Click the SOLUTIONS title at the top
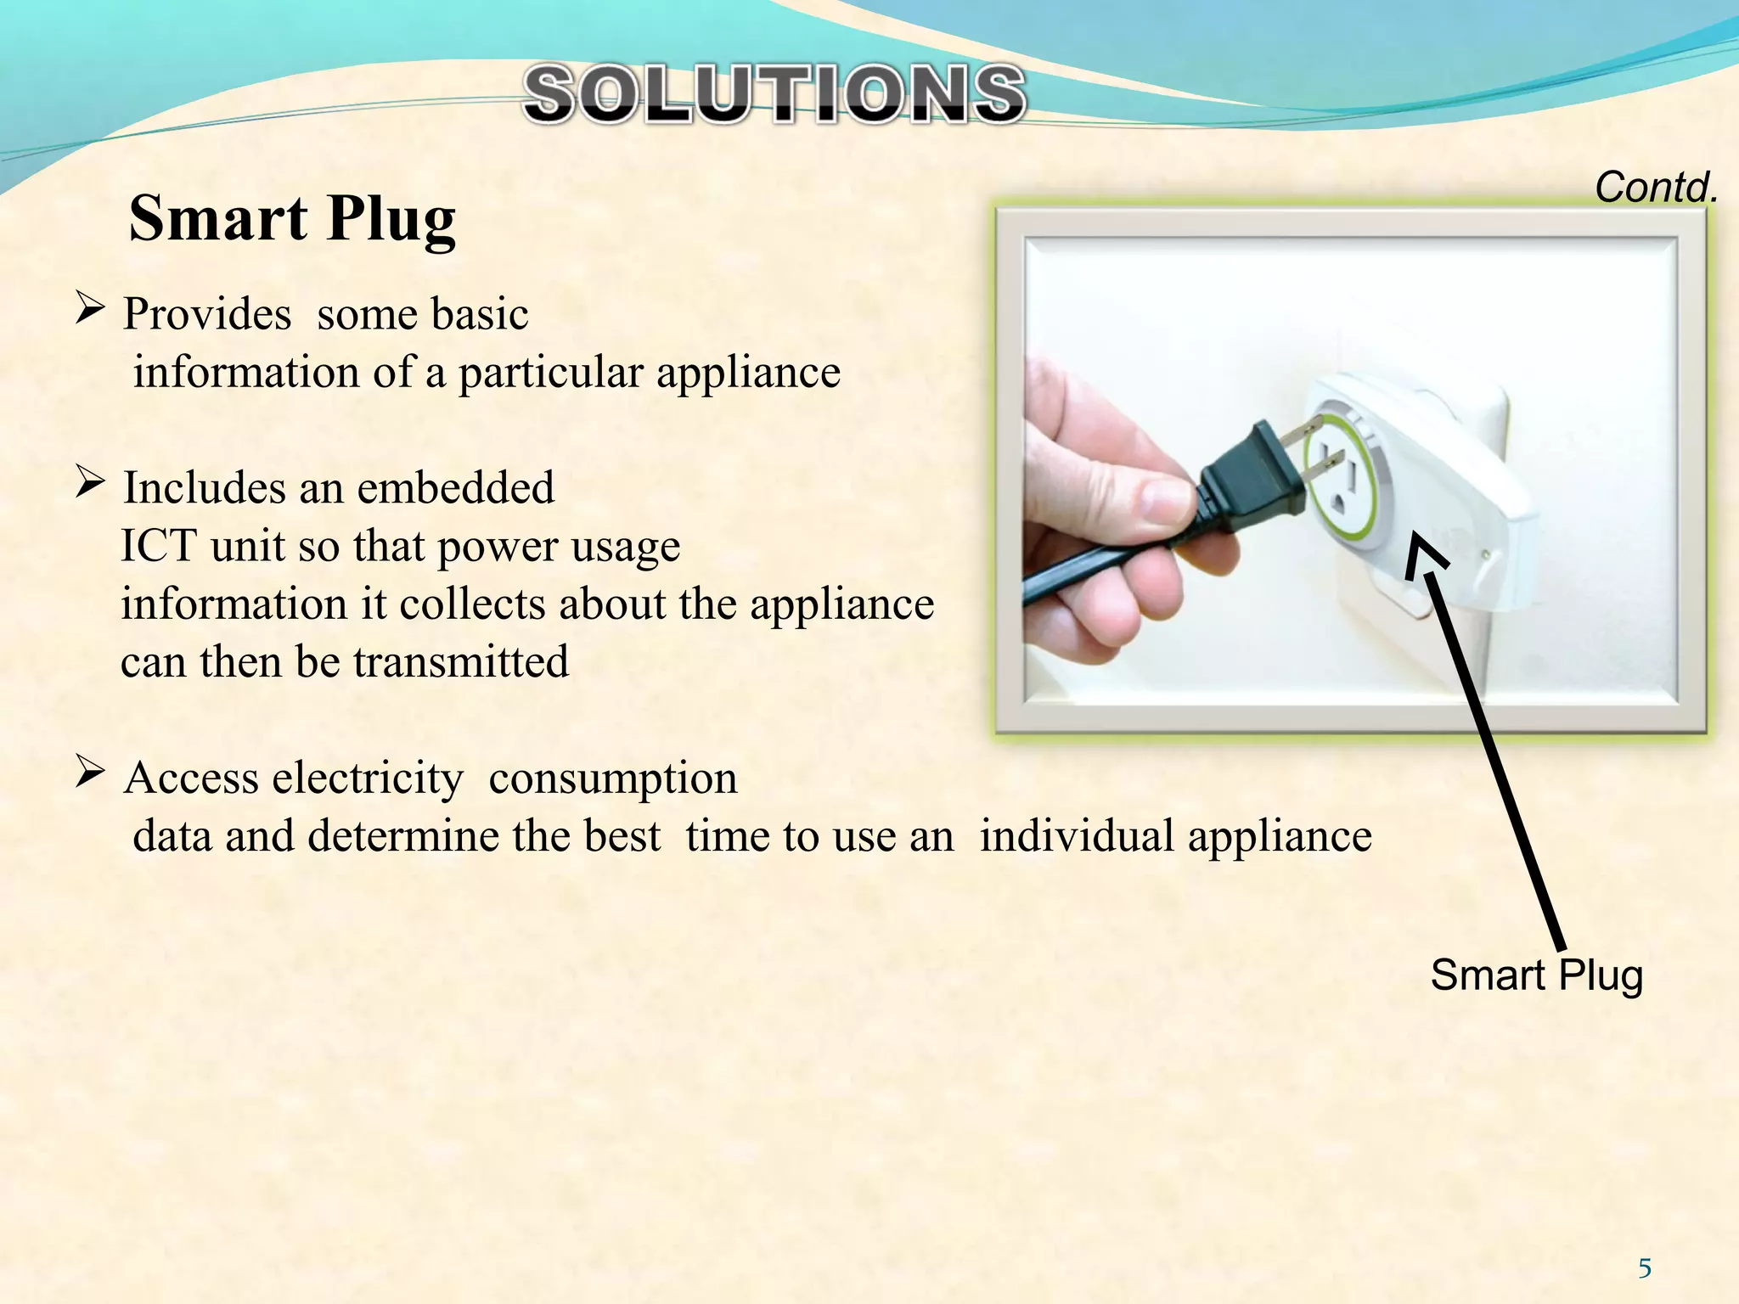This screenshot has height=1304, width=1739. click(774, 95)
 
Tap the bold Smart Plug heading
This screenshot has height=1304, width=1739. click(292, 219)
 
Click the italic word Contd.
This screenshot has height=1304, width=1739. click(1655, 187)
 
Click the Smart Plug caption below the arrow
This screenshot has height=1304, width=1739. click(1536, 975)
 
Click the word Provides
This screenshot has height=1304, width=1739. click(207, 314)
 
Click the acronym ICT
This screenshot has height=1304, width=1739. click(160, 546)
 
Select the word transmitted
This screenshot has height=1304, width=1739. click(461, 662)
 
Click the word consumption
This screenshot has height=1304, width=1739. click(612, 779)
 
